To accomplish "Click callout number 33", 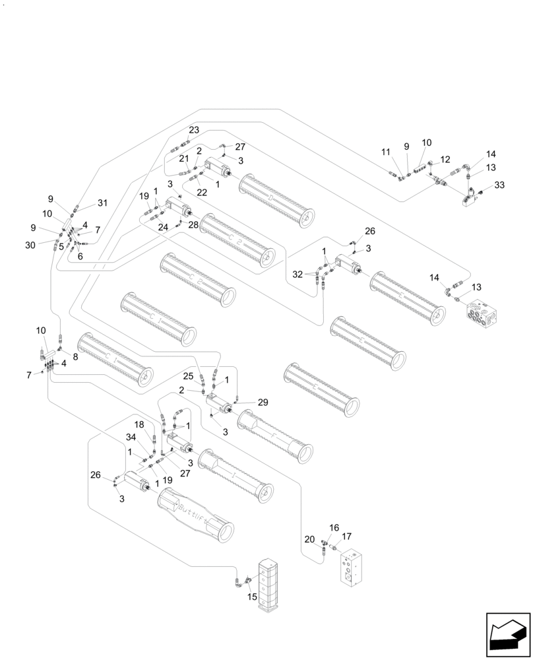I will pos(499,185).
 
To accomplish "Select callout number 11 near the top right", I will pos(386,152).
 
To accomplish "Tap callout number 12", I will pos(446,159).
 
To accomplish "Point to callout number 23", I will pos(194,129).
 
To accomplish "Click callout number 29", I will pos(263,402).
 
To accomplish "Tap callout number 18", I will pos(139,424).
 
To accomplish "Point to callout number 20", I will pos(309,539).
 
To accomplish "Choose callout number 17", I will pos(347,536).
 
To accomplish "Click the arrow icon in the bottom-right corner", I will pos(507,635).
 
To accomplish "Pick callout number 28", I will pos(193,226).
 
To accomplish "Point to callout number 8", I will pos(75,357).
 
